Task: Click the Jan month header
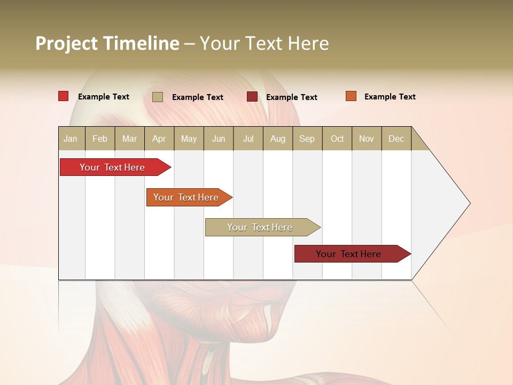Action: point(71,138)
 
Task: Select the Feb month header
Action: point(100,138)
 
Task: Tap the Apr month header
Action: point(159,138)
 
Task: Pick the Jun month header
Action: point(219,138)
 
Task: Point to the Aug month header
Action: point(278,138)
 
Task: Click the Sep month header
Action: point(307,138)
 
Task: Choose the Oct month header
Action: point(337,138)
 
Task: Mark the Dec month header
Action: point(397,138)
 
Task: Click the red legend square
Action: point(64,96)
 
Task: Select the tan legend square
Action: point(158,97)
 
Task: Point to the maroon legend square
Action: point(252,97)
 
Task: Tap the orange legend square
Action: point(351,96)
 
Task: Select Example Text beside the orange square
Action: point(390,97)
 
